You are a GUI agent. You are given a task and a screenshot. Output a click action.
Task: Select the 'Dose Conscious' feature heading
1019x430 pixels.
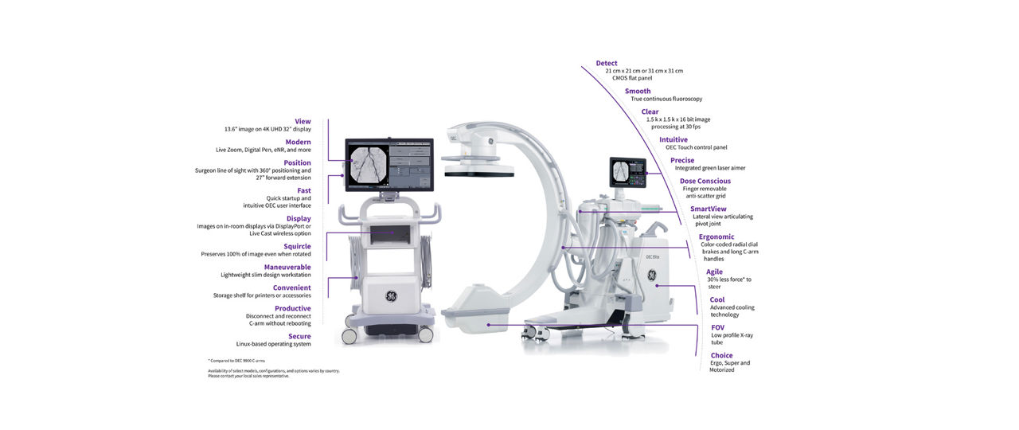(705, 181)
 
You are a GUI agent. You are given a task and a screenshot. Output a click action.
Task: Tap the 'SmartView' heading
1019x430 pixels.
(708, 209)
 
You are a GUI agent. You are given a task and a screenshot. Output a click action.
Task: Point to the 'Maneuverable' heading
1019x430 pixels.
(287, 267)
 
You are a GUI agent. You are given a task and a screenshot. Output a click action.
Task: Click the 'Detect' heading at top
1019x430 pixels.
(607, 63)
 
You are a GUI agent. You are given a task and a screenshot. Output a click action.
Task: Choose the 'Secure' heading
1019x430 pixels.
(299, 336)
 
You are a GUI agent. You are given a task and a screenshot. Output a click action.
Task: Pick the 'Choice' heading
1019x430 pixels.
(721, 355)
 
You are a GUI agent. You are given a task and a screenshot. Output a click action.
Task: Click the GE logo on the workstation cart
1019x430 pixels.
(392, 296)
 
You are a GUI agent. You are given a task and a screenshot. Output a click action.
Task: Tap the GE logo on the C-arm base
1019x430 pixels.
(650, 276)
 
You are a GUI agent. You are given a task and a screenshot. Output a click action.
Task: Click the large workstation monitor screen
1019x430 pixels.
(388, 165)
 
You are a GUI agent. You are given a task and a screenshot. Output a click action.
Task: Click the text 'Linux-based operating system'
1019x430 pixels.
(273, 344)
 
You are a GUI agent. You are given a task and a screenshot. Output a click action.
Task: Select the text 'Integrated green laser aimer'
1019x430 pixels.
(710, 168)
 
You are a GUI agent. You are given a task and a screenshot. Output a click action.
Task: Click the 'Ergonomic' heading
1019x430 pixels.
(716, 236)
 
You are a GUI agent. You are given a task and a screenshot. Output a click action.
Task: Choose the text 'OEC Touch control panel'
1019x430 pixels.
(696, 147)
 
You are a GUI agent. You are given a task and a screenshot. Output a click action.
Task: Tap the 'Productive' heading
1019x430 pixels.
(292, 308)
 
